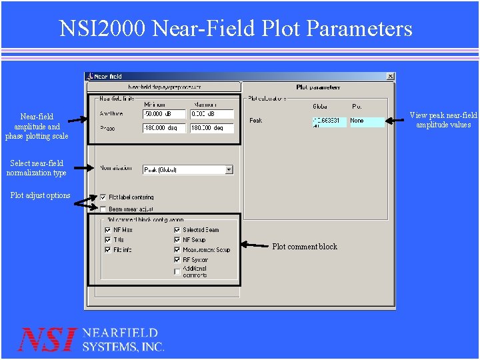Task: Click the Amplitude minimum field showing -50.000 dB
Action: (x=164, y=115)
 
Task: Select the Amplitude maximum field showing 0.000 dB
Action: (x=211, y=115)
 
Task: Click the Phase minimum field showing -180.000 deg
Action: (x=164, y=128)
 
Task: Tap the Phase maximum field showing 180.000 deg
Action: (x=211, y=128)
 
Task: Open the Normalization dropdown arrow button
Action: (x=229, y=170)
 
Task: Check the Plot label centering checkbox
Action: (x=103, y=197)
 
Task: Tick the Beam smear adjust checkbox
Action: (x=103, y=209)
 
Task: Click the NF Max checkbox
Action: (x=108, y=230)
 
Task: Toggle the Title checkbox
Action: (x=108, y=240)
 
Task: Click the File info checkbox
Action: (x=108, y=250)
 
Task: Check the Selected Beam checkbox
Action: (x=177, y=230)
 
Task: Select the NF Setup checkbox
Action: (x=177, y=240)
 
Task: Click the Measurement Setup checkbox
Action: (x=177, y=250)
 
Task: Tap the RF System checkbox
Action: (x=177, y=260)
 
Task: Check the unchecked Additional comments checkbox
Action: (x=177, y=271)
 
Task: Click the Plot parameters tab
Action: (x=318, y=87)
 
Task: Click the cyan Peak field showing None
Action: (x=367, y=121)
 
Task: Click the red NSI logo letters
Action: (x=47, y=340)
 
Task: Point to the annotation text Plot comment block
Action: (x=305, y=247)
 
